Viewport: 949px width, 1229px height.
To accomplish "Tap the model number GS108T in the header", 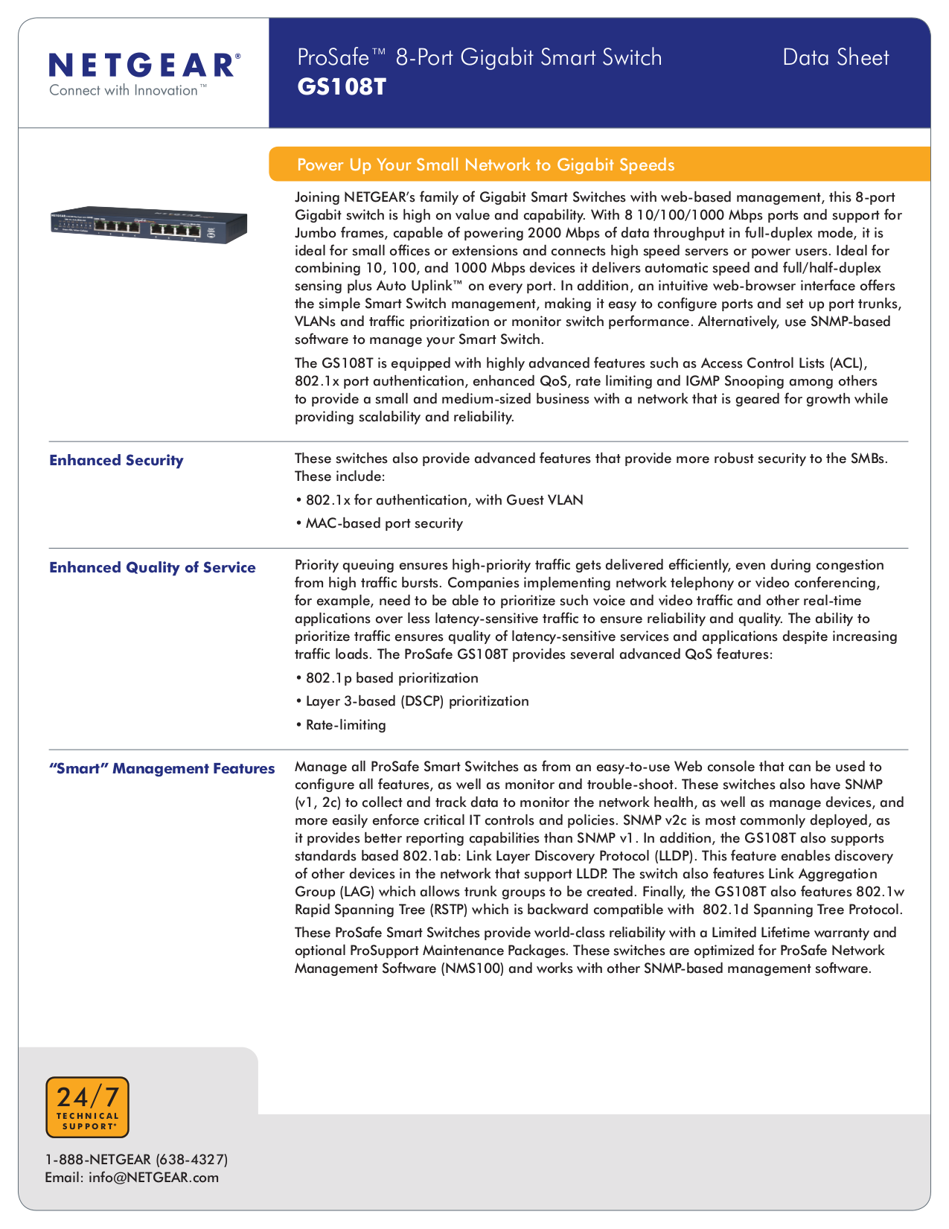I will point(342,87).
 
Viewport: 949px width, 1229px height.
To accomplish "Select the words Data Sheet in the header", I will point(835,57).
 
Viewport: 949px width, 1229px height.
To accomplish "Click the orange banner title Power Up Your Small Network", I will point(485,165).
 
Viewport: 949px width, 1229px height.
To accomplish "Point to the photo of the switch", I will point(148,223).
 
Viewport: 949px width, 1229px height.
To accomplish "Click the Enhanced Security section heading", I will point(116,460).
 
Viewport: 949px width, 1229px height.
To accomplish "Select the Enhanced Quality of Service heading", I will point(152,567).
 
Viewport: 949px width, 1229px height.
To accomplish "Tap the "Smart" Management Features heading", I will point(162,768).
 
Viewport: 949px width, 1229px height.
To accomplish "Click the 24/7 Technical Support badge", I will point(87,1107).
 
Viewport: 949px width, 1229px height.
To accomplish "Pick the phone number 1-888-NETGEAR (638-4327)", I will point(136,1159).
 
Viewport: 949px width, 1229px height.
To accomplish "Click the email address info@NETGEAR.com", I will point(132,1177).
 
